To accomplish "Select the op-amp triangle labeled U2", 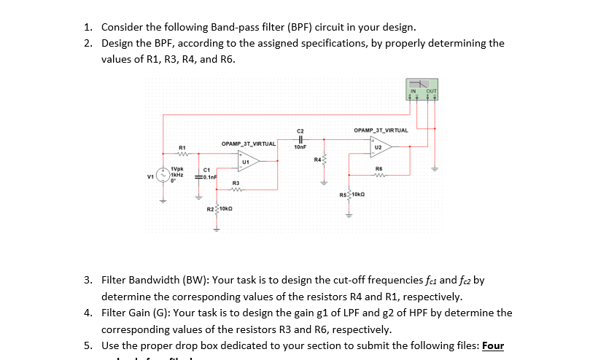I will (x=380, y=146).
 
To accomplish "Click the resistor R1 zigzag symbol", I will (x=183, y=154).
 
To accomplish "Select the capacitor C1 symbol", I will (x=198, y=176).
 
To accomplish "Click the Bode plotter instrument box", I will (x=423, y=87).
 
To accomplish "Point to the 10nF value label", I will (x=300, y=147).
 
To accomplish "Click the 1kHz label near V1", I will (x=176, y=175).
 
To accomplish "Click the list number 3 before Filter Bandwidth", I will (x=88, y=280).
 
